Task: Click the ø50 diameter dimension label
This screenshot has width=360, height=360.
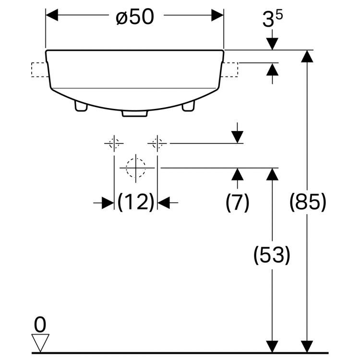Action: (x=134, y=17)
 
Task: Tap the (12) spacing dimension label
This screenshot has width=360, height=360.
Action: (x=135, y=203)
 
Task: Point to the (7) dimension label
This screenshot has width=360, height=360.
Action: (x=238, y=203)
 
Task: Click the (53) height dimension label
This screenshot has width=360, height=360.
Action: (x=272, y=255)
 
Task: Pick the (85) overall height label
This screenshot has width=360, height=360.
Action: (x=308, y=203)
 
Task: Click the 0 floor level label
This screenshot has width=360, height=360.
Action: (x=40, y=325)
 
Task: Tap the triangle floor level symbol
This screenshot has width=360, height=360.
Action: (x=40, y=343)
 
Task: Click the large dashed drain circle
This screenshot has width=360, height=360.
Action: (x=136, y=168)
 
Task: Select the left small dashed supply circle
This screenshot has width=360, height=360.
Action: (x=114, y=143)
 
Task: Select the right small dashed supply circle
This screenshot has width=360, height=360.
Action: (x=157, y=143)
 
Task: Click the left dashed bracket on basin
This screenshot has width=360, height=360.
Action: (x=38, y=70)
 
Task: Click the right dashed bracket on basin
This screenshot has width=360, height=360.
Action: (x=231, y=70)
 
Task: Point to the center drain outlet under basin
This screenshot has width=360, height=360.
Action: (x=134, y=114)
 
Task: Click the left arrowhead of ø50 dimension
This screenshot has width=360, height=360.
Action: (x=51, y=15)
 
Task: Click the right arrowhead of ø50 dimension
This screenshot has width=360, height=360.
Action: (x=218, y=15)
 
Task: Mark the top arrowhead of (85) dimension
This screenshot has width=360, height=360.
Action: (x=307, y=56)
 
